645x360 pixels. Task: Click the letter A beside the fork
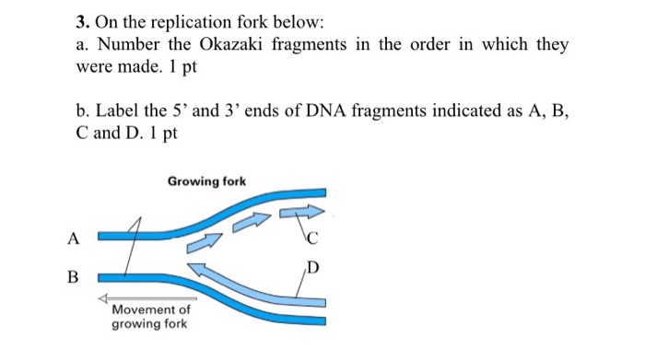tap(73, 238)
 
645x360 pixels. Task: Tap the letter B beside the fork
tap(73, 276)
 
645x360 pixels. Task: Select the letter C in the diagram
tap(312, 241)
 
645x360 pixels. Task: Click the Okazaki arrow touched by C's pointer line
tap(297, 213)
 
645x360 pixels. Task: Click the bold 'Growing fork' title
tap(206, 181)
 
